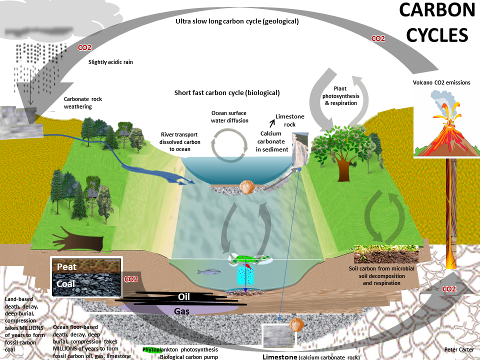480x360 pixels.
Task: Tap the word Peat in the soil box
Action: click(66, 266)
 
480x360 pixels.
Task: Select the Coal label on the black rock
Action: click(66, 284)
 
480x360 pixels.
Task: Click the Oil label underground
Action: click(184, 297)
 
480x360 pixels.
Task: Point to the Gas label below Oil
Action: click(181, 311)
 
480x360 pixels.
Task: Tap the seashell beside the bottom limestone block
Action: click(296, 325)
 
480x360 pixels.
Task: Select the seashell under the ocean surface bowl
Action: click(247, 187)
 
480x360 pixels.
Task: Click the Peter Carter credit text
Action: click(458, 349)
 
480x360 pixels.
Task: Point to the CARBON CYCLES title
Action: click(436, 23)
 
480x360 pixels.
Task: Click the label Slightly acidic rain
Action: click(110, 62)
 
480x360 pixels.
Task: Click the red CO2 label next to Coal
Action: click(131, 279)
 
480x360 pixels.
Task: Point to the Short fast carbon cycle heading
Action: click(227, 93)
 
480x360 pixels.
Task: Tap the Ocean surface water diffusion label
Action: click(229, 116)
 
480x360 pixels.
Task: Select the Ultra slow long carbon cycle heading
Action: click(237, 21)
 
